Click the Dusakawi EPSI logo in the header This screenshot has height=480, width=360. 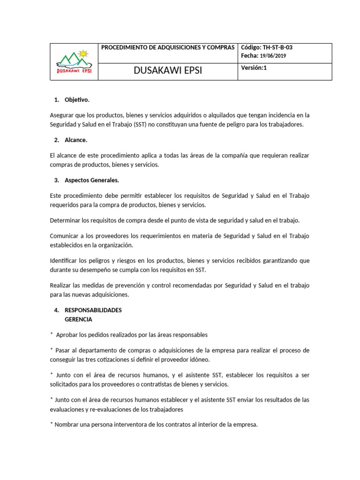tap(74, 62)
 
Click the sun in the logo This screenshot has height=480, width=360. tap(84, 53)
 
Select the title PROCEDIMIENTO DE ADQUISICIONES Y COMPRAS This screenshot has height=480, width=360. tap(168, 47)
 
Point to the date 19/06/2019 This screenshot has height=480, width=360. tap(272, 56)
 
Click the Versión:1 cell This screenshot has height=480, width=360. tap(254, 67)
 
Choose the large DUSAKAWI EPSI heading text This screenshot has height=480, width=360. tap(168, 71)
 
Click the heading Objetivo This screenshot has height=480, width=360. tap(76, 100)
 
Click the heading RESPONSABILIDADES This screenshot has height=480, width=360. tap(93, 310)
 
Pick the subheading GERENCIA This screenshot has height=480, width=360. tap(78, 319)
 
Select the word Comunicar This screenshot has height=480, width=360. tap(65, 236)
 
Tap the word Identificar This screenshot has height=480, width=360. tap(65, 261)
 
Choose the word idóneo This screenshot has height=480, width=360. tap(200, 360)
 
